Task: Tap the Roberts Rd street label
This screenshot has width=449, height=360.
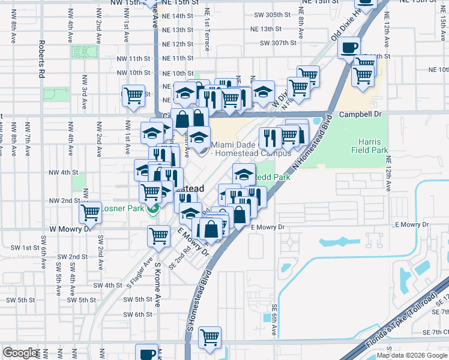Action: tap(42, 60)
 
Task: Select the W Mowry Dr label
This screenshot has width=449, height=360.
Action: tap(69, 229)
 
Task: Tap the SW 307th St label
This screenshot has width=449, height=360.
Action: tap(278, 43)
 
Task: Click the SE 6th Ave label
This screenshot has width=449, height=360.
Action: tap(274, 314)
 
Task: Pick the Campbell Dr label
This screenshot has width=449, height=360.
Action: tap(360, 113)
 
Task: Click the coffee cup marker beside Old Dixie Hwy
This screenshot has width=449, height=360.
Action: tap(349, 47)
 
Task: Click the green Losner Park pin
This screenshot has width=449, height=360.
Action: tap(154, 209)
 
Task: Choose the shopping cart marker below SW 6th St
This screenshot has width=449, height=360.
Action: tap(209, 338)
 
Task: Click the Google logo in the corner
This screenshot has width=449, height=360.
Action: tap(20, 353)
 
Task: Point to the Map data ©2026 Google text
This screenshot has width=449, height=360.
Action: tap(412, 355)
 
